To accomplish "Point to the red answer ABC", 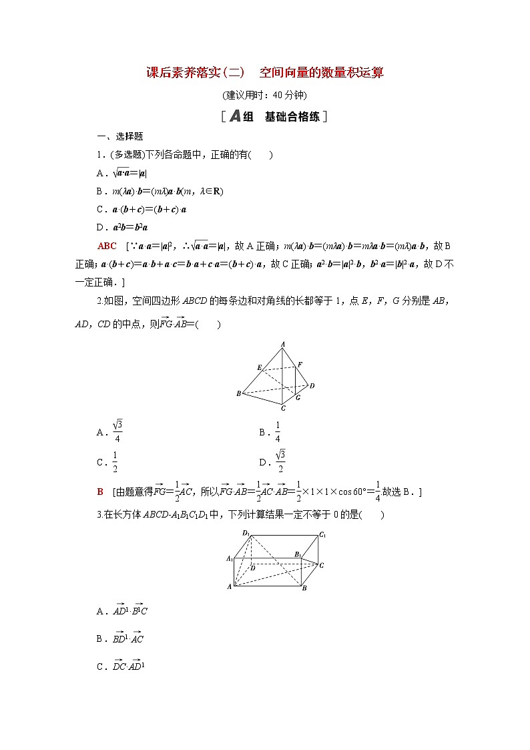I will pyautogui.click(x=107, y=246).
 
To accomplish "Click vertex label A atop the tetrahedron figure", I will pyautogui.click(x=283, y=344).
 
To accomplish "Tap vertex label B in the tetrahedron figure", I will pyautogui.click(x=238, y=394).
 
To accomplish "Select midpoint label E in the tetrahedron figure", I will pyautogui.click(x=259, y=367).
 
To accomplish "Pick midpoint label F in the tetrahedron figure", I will pyautogui.click(x=300, y=364).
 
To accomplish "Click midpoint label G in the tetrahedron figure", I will pyautogui.click(x=298, y=397).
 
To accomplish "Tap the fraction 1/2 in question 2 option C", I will pyautogui.click(x=115, y=461).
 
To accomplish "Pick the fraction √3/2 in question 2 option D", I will pyautogui.click(x=280, y=461).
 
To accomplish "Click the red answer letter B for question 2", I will pyautogui.click(x=100, y=492).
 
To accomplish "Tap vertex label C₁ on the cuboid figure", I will pyautogui.click(x=322, y=534).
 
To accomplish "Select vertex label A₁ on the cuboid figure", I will pyautogui.click(x=230, y=558).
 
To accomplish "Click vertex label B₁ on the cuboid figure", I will pyautogui.click(x=298, y=554).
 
